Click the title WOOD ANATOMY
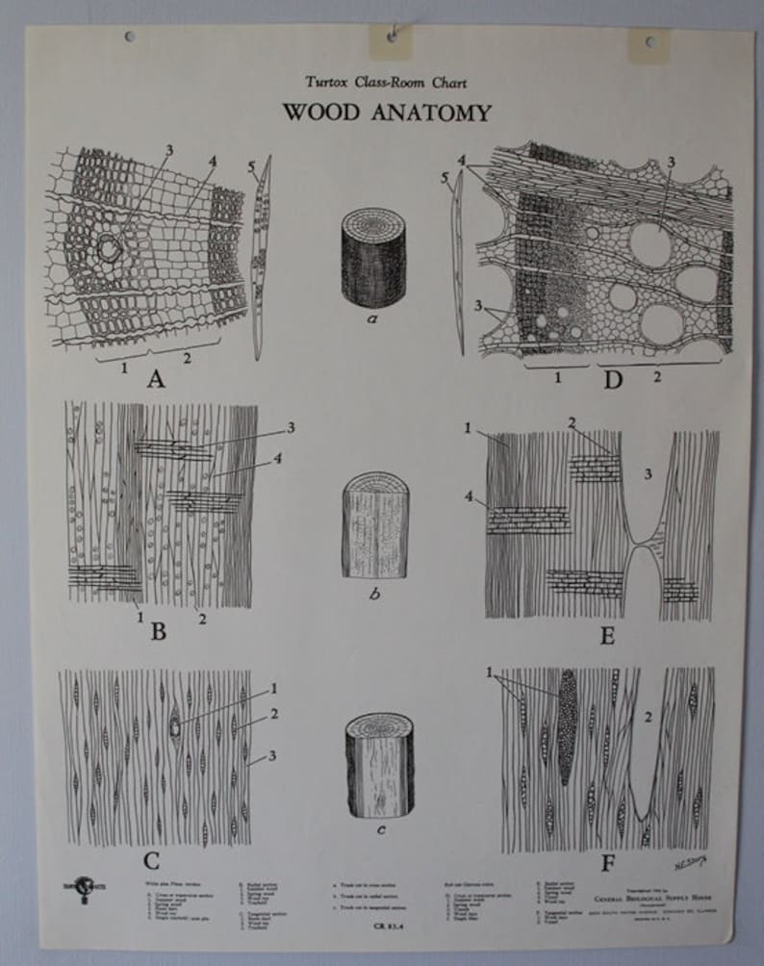click(386, 113)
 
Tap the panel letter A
click(156, 379)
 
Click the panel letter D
click(612, 379)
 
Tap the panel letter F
click(607, 863)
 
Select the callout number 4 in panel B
click(279, 460)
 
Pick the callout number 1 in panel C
click(274, 689)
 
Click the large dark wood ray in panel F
click(567, 727)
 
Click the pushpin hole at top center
click(393, 36)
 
